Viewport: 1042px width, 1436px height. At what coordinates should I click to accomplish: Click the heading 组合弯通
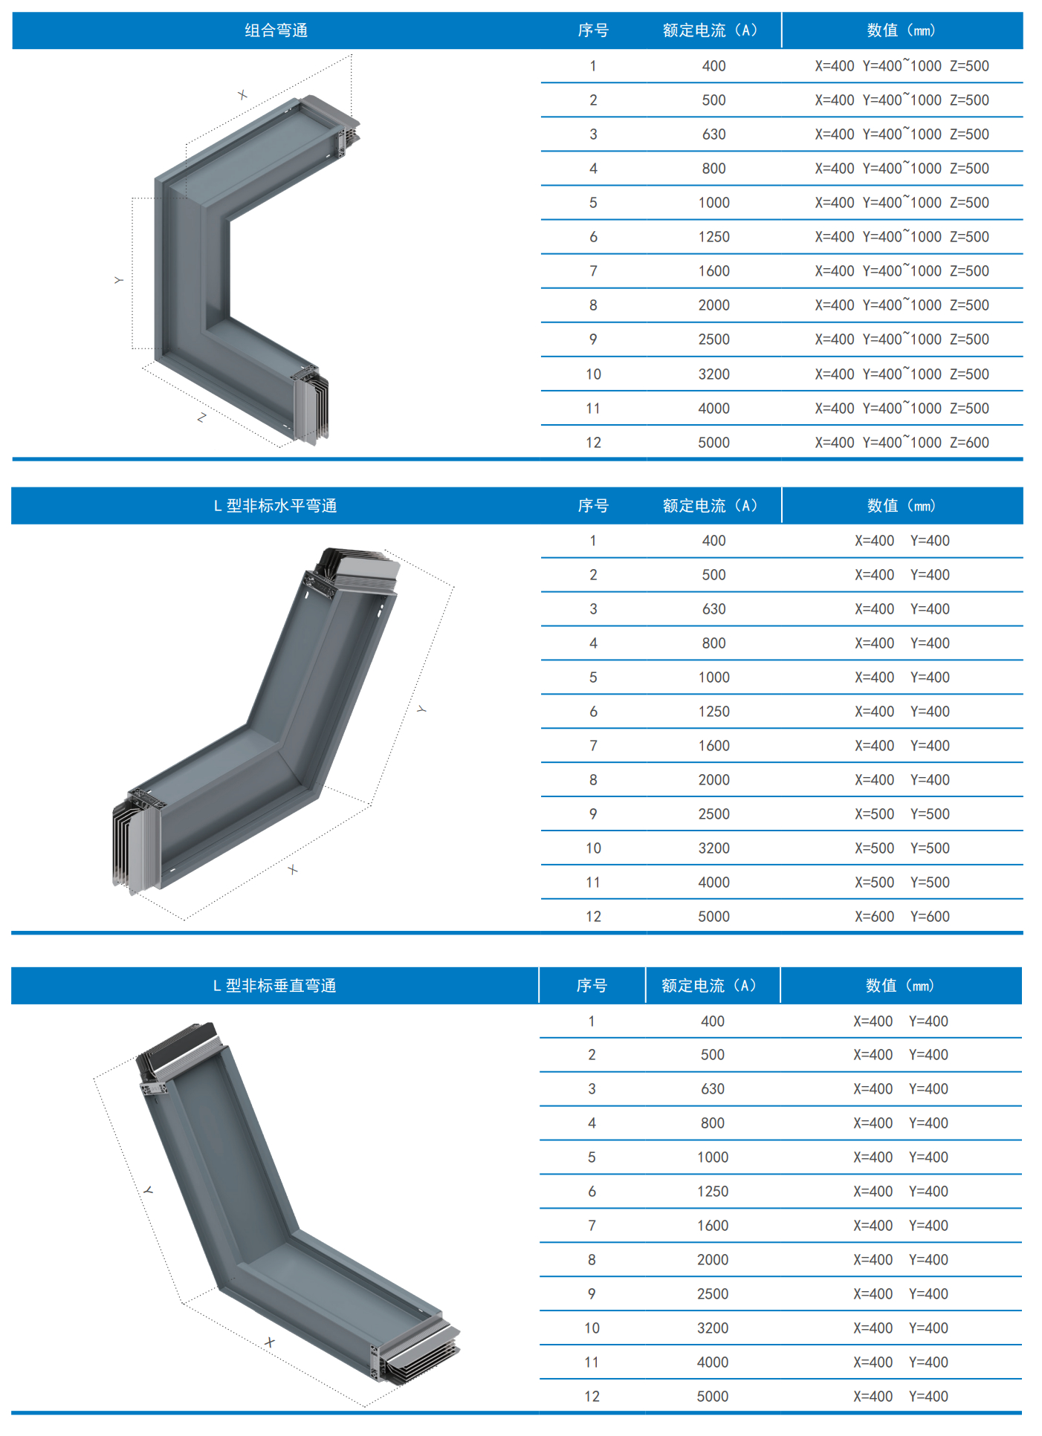click(276, 30)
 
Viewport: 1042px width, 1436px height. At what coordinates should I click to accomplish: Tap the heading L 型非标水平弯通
click(276, 506)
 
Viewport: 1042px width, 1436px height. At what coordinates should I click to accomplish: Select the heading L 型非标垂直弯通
click(275, 986)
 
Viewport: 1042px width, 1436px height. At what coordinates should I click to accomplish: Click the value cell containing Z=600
click(902, 443)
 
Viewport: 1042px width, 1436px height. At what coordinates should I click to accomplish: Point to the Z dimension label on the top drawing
click(201, 418)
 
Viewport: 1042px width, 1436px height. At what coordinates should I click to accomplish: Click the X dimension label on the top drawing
click(242, 95)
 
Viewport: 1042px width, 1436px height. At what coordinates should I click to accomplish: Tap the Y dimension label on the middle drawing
click(421, 709)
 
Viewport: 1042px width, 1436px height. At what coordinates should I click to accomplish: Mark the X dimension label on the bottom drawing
click(269, 1342)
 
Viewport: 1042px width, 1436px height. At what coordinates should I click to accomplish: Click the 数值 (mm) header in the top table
click(902, 30)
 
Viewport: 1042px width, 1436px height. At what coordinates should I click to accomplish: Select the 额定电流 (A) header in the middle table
click(711, 506)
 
